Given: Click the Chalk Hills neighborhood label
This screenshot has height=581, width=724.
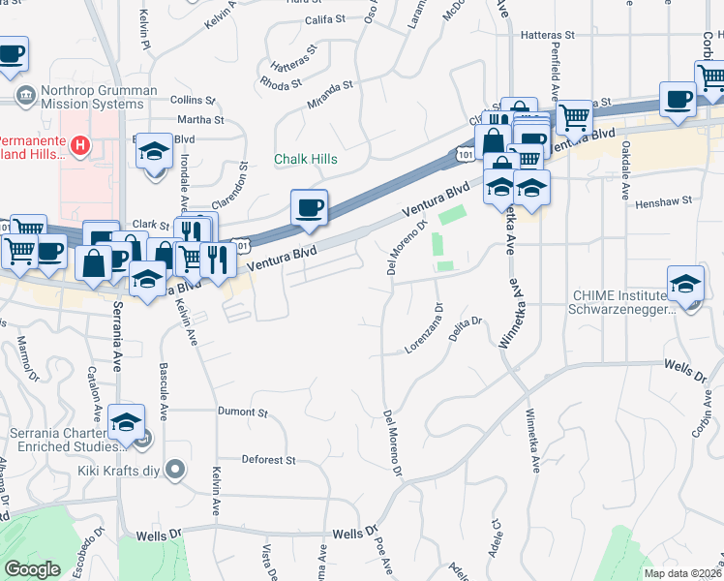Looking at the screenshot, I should coord(305,159).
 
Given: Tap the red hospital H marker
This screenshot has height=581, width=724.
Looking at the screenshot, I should coord(81,146).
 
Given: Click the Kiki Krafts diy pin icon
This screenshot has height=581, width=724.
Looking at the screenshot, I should coord(175,471).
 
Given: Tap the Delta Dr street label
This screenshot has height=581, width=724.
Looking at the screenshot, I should coord(466,329).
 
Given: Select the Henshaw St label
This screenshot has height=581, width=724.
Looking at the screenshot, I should coord(666,201).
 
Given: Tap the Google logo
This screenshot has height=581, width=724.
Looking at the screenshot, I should coord(32,569).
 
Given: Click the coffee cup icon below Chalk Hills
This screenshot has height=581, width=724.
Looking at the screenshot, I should coord(309,207).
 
